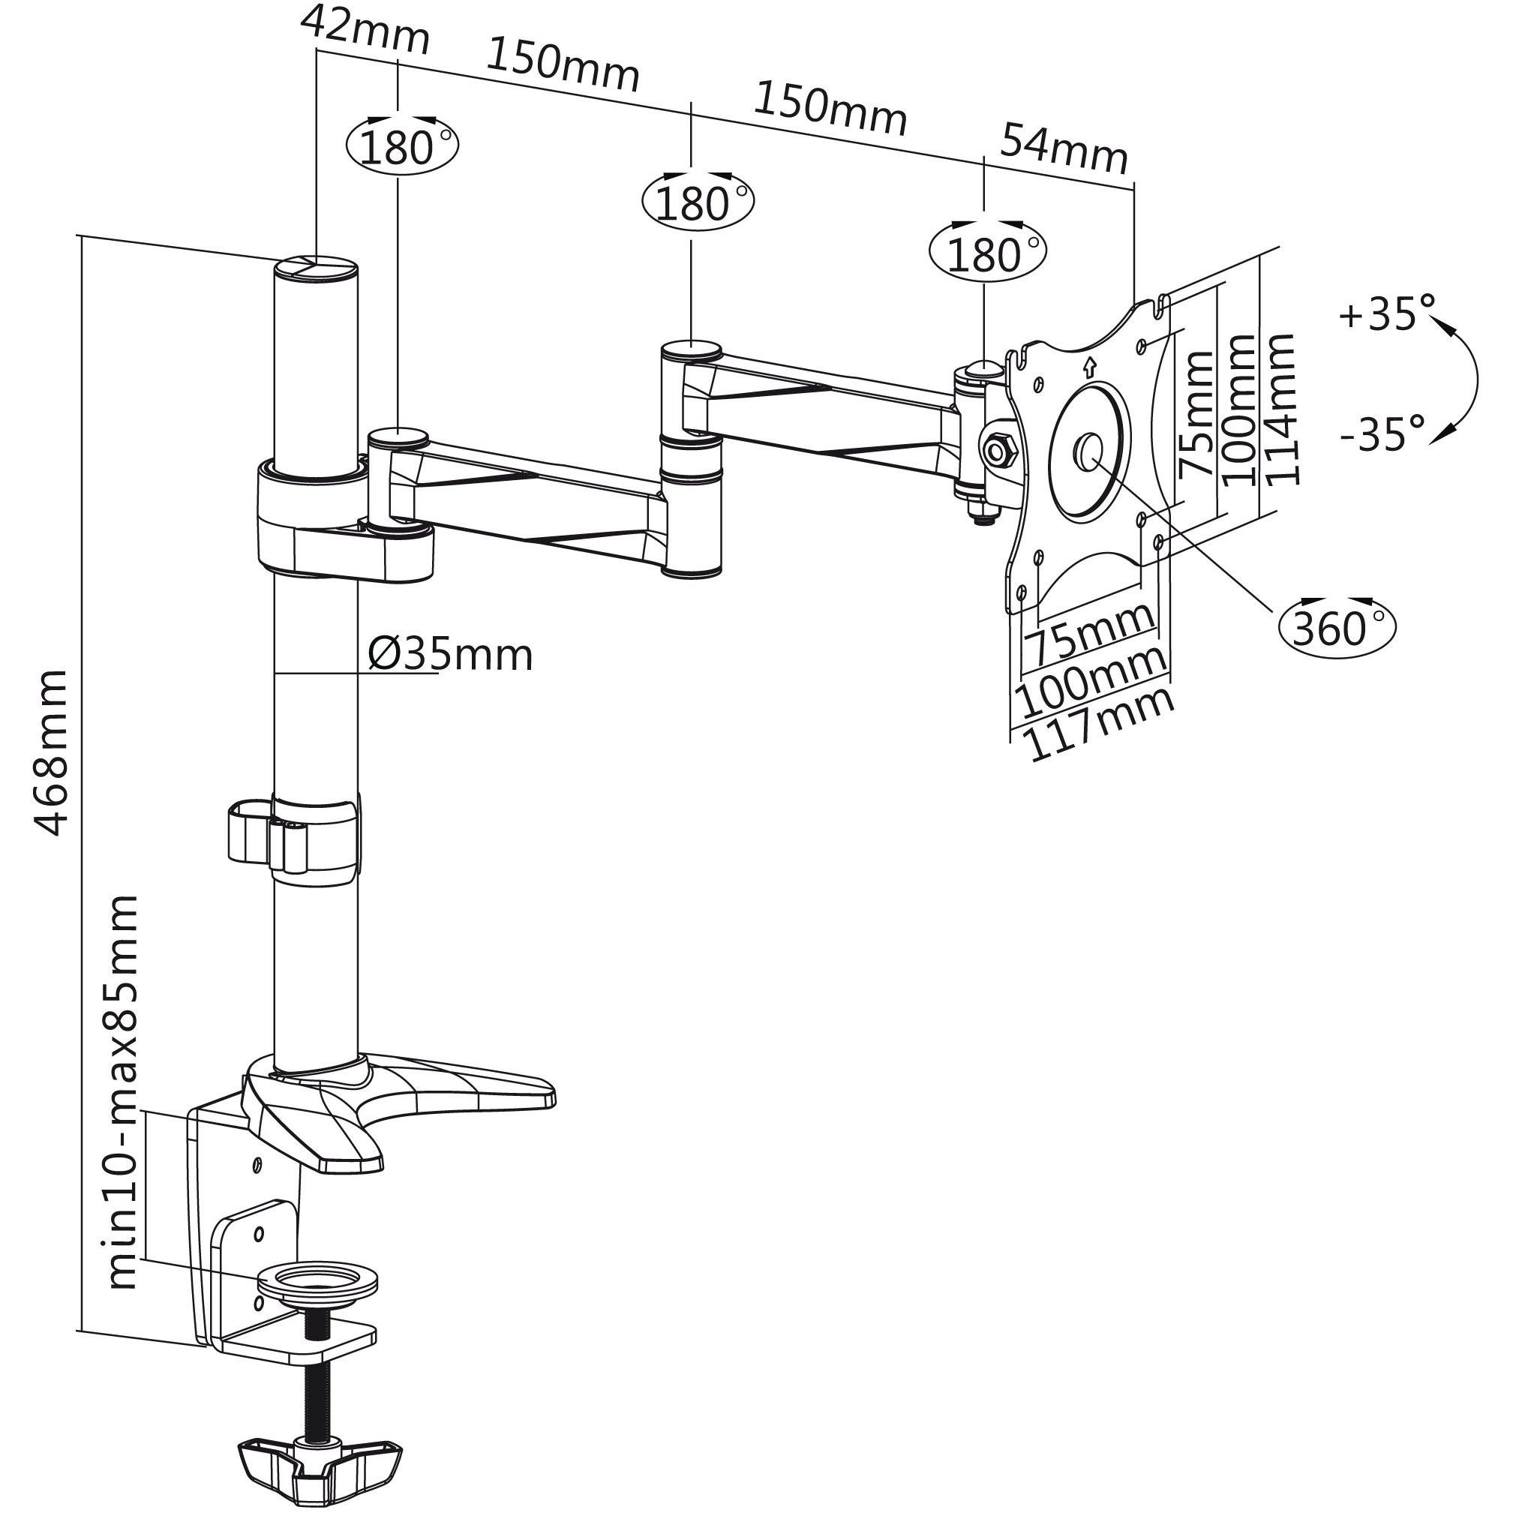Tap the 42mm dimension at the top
tap(365, 32)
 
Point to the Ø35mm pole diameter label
tap(450, 654)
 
